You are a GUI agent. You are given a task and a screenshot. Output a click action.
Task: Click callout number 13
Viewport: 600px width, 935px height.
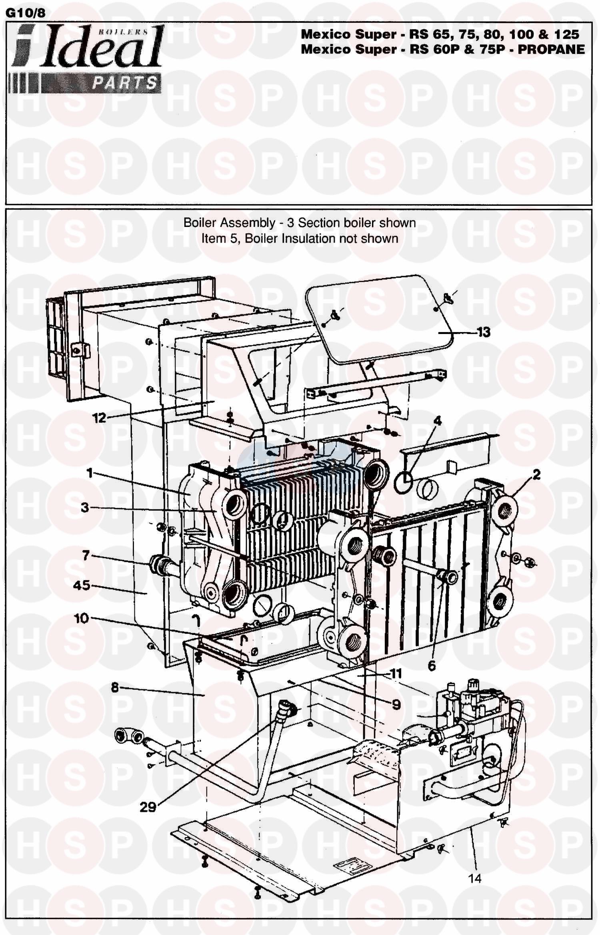pyautogui.click(x=483, y=332)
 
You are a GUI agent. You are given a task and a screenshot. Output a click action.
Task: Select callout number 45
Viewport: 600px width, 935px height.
pyautogui.click(x=82, y=586)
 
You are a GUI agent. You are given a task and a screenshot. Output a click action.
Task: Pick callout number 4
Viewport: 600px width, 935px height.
pyautogui.click(x=438, y=421)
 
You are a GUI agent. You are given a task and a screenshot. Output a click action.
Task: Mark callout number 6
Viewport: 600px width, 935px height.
pyautogui.click(x=431, y=665)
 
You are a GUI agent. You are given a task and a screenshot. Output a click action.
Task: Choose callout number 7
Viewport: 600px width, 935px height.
pyautogui.click(x=86, y=555)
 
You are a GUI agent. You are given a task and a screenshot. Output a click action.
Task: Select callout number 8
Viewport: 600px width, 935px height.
pyautogui.click(x=115, y=688)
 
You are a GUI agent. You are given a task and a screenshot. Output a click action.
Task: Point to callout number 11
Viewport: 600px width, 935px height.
pyautogui.click(x=396, y=674)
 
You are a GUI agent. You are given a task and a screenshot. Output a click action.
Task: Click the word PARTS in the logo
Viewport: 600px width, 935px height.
pyautogui.click(x=124, y=83)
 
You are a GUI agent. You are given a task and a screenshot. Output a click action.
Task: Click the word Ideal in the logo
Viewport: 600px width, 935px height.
pyautogui.click(x=102, y=48)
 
